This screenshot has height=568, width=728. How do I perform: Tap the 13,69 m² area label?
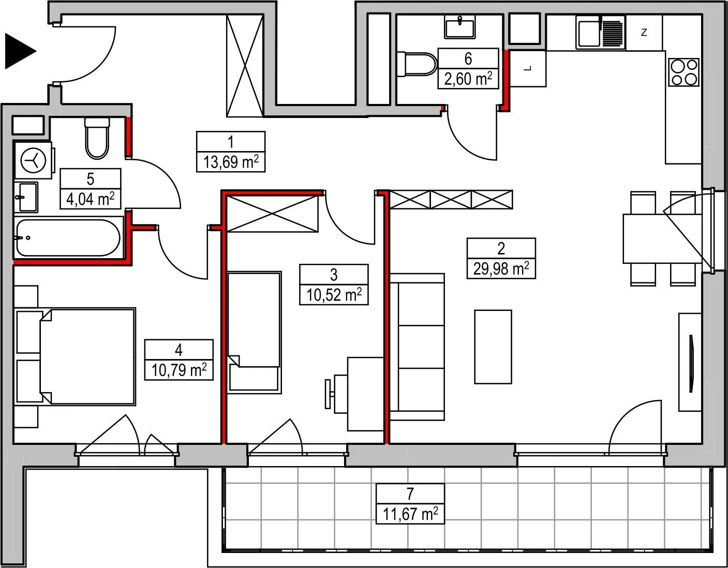point(231,162)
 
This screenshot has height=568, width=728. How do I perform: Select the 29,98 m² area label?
point(501,268)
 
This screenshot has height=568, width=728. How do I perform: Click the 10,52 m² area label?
point(334,295)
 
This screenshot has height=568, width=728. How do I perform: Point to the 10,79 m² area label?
point(179,370)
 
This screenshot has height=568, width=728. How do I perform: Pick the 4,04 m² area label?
point(91,199)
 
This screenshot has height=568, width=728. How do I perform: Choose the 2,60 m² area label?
point(468,79)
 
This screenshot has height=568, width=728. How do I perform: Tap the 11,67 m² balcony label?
point(410,514)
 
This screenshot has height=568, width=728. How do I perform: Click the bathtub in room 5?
point(68,237)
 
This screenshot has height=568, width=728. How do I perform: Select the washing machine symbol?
point(33,160)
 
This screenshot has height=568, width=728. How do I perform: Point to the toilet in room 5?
point(97,138)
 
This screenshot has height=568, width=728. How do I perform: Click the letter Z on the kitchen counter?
point(644,33)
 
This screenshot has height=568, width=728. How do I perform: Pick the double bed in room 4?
point(88,356)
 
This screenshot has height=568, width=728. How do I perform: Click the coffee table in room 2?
point(493,347)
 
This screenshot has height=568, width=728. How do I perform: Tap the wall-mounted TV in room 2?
point(691,363)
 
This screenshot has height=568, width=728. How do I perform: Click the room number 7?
point(410,494)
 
